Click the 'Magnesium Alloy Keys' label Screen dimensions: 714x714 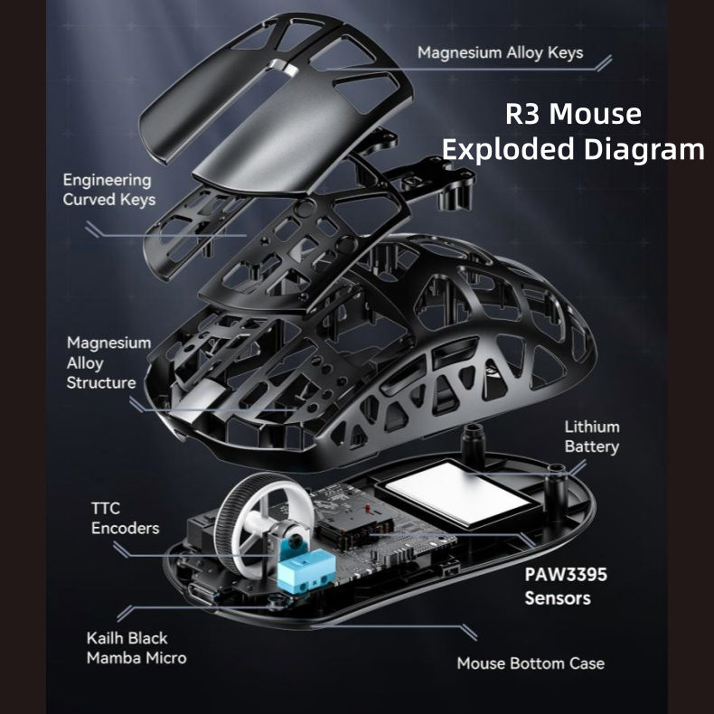coord(500,52)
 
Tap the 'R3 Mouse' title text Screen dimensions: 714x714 coord(573,113)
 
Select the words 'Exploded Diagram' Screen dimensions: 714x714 coord(573,149)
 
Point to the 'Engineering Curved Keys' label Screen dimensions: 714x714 coord(108,190)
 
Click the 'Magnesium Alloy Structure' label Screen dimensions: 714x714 coord(108,362)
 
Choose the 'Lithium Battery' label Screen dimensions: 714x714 coord(592,437)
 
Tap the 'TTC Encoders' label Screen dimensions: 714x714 coord(125,518)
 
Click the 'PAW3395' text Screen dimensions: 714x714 coord(566,575)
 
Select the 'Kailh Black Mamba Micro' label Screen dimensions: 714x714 coord(136,648)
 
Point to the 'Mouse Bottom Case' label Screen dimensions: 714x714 coord(531,663)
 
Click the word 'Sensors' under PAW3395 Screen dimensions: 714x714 coord(558,598)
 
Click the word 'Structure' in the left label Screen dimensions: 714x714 coord(101,382)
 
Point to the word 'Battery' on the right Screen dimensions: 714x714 coord(592,446)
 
